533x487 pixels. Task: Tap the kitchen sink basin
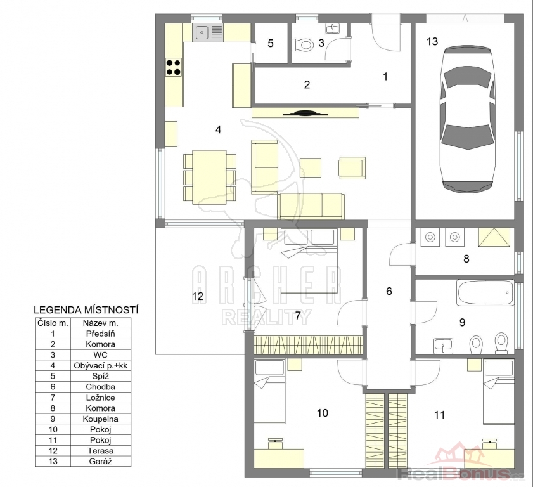tap(202, 32)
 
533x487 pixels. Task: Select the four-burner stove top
tap(174, 67)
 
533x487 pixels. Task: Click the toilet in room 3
tap(303, 44)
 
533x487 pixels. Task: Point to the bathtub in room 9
tap(485, 292)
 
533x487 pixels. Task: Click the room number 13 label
tap(432, 41)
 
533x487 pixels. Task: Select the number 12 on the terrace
tap(198, 296)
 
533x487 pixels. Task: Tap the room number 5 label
tap(271, 43)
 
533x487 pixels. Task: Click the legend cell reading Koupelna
tap(101, 419)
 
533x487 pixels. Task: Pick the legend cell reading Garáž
tap(101, 461)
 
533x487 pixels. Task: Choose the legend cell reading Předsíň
tap(101, 334)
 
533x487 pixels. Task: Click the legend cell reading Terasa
tap(101, 451)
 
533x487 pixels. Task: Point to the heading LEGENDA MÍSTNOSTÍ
tap(86, 310)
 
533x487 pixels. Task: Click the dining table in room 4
tap(209, 177)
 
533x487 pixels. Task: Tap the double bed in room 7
tap(309, 261)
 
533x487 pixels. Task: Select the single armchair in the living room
tap(352, 167)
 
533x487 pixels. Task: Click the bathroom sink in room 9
tap(443, 346)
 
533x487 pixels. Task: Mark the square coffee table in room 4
tap(311, 167)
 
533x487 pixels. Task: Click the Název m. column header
tap(101, 323)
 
